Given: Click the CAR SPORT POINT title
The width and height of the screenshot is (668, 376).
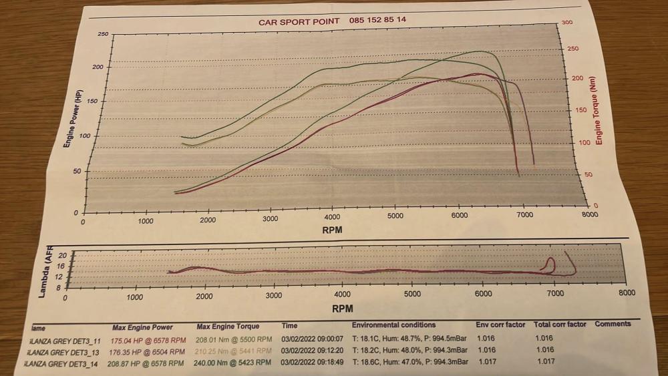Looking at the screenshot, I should coord(299,21).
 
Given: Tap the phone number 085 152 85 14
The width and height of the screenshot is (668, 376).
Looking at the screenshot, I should coord(377,20).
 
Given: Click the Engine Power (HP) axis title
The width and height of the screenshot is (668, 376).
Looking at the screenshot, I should coord(68,119).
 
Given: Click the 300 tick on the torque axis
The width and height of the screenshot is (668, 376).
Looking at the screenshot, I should coord(567,23).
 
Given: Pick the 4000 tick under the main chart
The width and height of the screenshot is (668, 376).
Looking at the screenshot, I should coord(332,217).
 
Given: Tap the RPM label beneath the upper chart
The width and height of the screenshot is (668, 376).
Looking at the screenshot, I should coord(333,230).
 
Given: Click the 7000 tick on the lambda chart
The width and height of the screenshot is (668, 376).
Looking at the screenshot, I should coord(555,294).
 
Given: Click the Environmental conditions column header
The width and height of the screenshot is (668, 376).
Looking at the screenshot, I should coord(393,325).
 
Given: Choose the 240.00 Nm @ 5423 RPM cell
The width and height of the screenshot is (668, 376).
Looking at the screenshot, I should coord(233,363).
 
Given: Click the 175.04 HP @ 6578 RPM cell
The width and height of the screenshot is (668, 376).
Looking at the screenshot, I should coord(148,339).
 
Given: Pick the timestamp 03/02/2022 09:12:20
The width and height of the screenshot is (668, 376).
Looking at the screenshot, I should coord(312,351).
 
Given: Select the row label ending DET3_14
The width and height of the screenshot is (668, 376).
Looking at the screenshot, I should coord(62,363).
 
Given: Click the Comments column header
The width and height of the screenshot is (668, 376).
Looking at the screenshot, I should coord(613,324).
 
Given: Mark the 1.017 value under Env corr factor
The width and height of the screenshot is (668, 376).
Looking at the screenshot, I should coord(486,362).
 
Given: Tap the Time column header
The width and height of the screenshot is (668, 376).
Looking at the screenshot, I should coord(289,326).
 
